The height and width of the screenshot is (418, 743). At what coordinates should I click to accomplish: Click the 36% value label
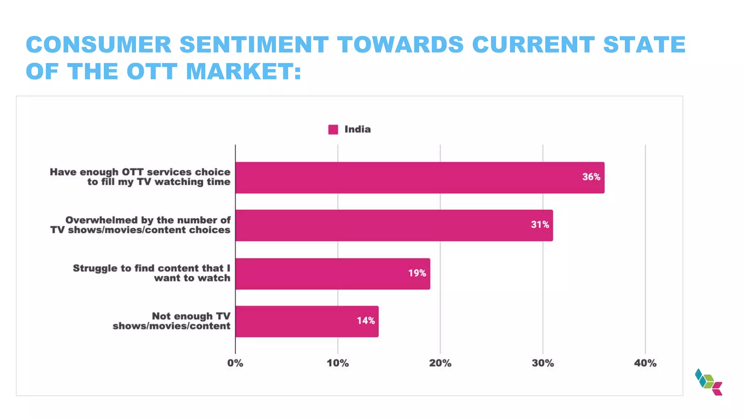click(x=591, y=177)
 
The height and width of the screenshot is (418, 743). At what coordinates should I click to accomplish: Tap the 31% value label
click(x=540, y=225)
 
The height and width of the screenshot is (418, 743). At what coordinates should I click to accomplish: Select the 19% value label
click(x=417, y=273)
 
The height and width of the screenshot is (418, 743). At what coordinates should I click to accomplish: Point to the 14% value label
click(x=366, y=321)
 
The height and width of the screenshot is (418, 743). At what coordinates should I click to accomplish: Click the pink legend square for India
click(x=333, y=130)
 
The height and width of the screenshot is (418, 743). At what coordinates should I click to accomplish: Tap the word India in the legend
click(x=357, y=130)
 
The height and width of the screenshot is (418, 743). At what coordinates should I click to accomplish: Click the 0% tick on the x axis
click(x=235, y=363)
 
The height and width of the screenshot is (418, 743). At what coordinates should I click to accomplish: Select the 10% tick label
click(x=337, y=363)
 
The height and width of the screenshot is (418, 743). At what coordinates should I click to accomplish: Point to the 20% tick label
click(x=440, y=363)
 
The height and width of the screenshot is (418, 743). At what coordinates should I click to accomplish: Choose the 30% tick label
click(x=543, y=363)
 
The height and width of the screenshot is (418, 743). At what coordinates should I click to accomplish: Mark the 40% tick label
click(x=645, y=363)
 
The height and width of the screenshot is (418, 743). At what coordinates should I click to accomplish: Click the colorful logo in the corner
click(x=709, y=382)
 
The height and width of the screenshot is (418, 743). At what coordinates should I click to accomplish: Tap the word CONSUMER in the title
click(x=99, y=45)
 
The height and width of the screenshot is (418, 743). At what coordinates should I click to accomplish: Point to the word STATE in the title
click(x=644, y=45)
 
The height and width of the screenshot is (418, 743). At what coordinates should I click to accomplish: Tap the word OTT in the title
click(x=152, y=71)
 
